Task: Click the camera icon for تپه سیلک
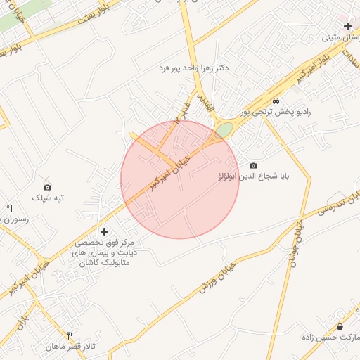click(x=47, y=186)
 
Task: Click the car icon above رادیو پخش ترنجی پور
click(x=276, y=101)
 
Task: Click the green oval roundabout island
click(x=224, y=130)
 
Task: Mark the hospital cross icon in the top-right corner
click(x=347, y=26)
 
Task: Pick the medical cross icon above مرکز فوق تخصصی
click(x=105, y=231)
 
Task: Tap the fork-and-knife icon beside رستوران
click(x=10, y=208)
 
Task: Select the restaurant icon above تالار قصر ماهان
click(x=70, y=335)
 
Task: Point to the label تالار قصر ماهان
click(x=70, y=347)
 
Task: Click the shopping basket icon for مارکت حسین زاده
click(x=340, y=326)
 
